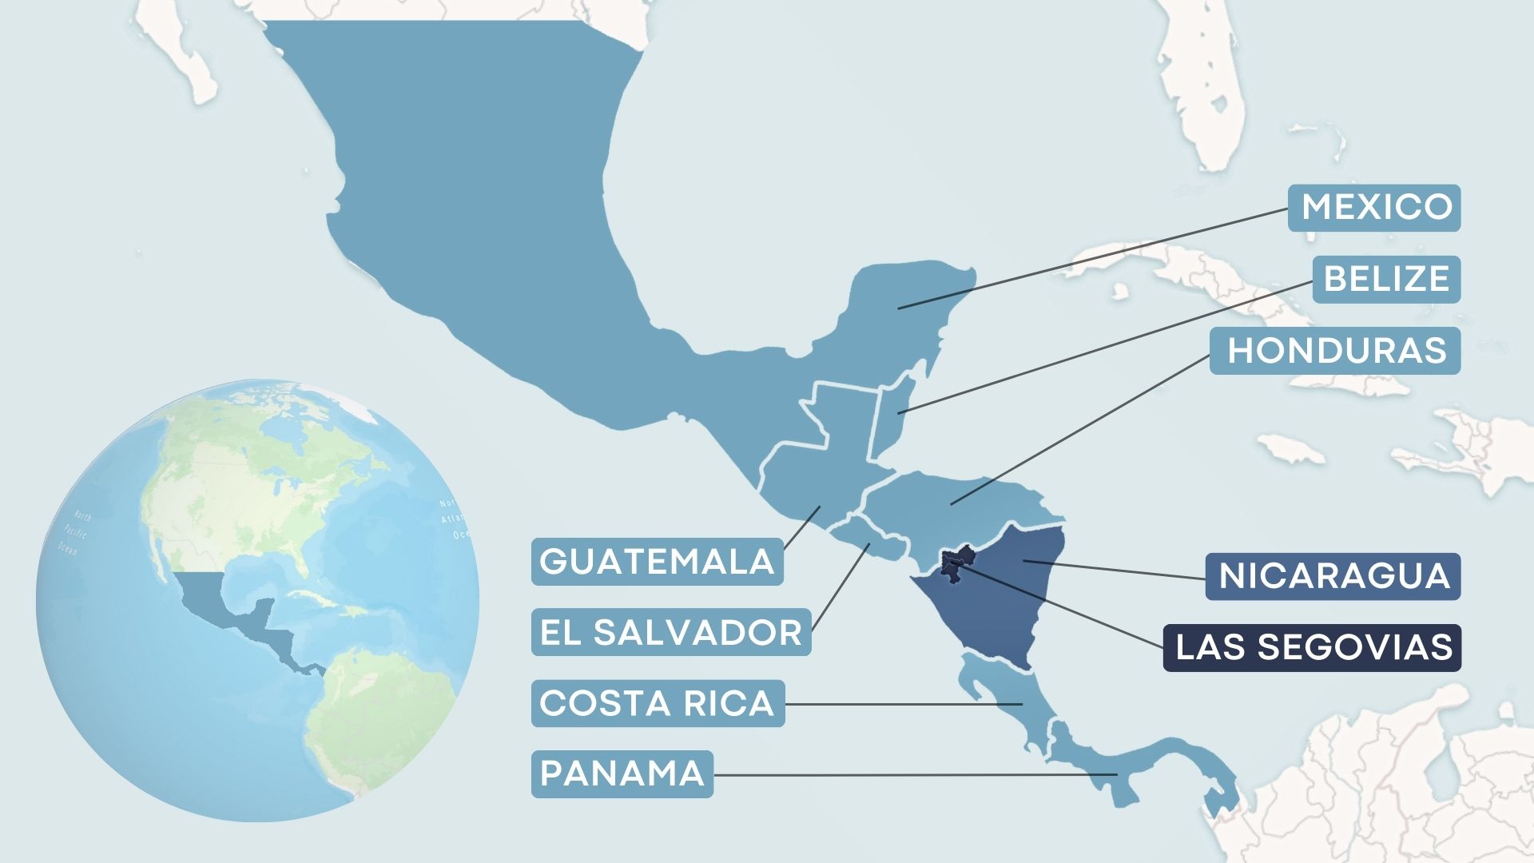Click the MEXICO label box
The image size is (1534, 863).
coord(1374,208)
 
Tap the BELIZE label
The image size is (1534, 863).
coord(1386,279)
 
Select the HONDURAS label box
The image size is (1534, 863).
coord(1335,350)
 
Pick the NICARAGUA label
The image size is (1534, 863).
coord(1333,576)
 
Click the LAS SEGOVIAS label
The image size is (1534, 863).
coord(1312,647)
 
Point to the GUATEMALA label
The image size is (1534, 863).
coord(657,561)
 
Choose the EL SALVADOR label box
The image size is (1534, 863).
coord(671,632)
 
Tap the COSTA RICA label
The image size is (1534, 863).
coord(658,703)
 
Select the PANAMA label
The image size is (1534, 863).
coord(622,774)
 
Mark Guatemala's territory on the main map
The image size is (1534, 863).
coord(823,471)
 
